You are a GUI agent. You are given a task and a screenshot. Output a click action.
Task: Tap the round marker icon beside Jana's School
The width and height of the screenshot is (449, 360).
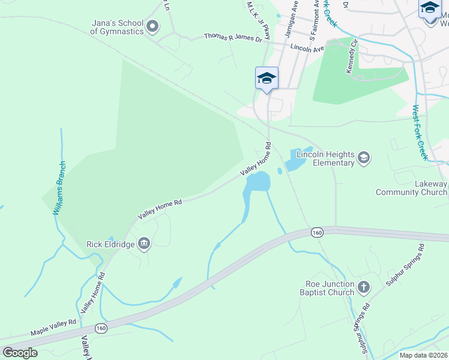[152, 26]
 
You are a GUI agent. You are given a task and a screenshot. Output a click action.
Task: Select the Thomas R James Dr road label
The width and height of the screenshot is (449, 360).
[233, 37]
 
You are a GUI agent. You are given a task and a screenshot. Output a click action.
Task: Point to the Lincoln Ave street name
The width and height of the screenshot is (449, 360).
[307, 46]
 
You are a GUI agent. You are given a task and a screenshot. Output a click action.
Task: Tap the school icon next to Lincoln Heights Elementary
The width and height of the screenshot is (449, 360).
[363, 158]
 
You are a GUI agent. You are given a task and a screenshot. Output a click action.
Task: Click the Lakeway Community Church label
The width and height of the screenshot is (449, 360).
[412, 188]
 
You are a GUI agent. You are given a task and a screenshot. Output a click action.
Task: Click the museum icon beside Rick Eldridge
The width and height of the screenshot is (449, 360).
[144, 243]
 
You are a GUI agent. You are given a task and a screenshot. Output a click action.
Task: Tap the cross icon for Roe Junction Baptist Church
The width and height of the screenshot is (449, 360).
[363, 288]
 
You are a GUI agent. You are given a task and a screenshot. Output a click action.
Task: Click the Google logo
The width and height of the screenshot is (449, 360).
[19, 353]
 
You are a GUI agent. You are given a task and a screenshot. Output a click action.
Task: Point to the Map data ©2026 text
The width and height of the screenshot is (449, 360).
[424, 355]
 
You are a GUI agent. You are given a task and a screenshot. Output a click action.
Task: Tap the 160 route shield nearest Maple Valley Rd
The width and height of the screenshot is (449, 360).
[101, 328]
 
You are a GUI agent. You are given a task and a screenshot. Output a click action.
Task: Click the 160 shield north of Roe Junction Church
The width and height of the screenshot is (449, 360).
[317, 232]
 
